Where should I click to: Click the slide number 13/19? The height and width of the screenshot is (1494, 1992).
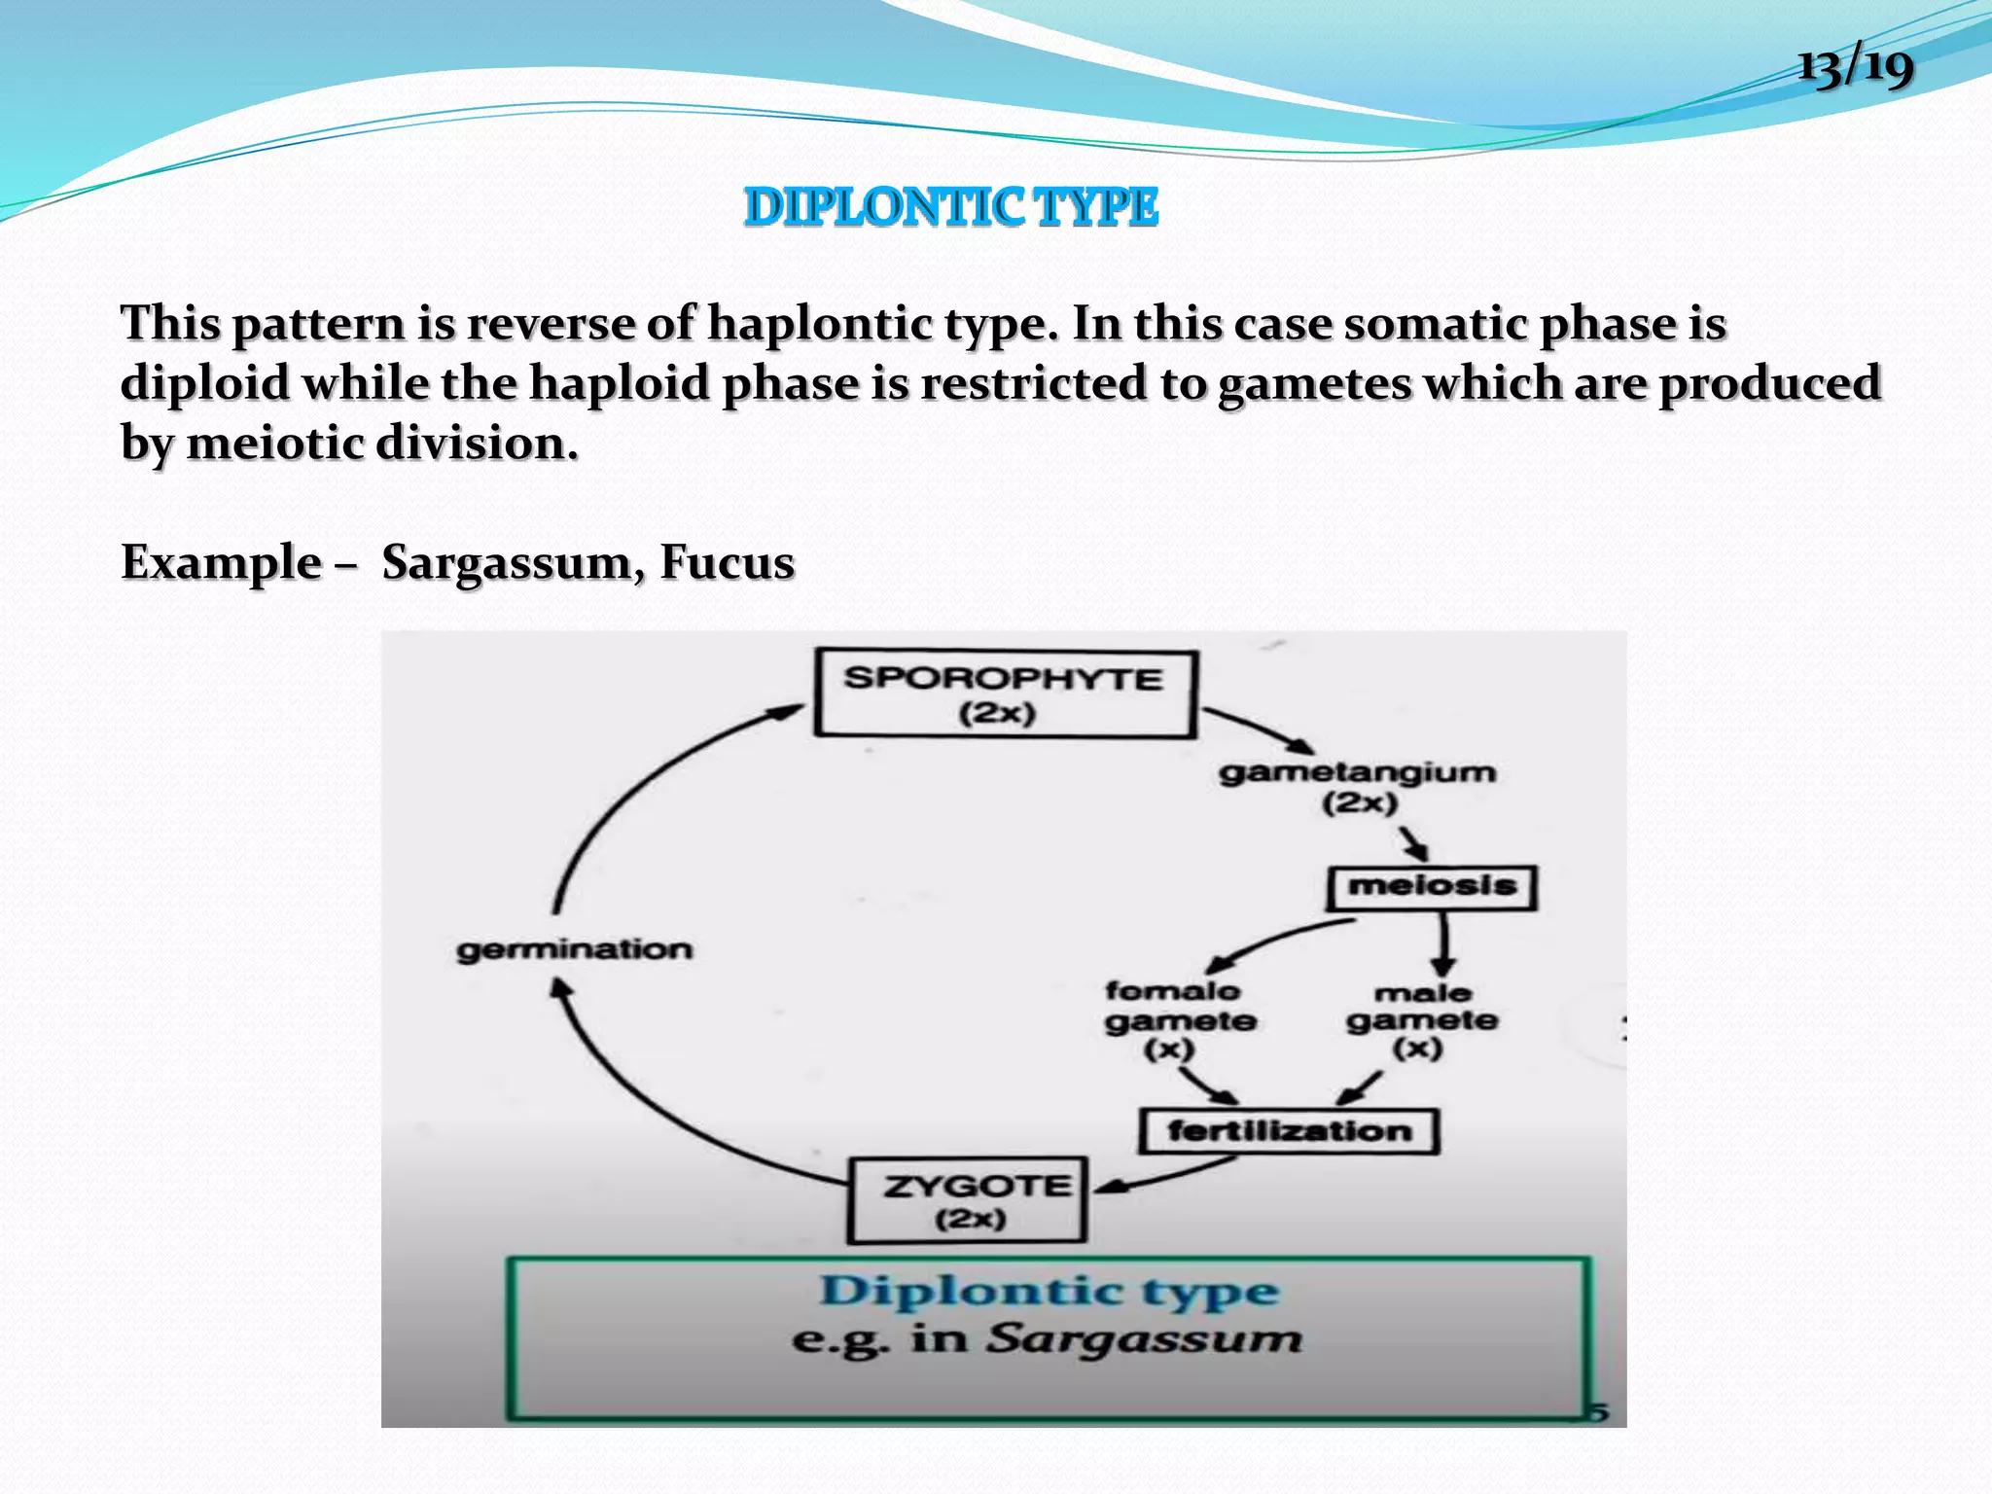tap(1855, 66)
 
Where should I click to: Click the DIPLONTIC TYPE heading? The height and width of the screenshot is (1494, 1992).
tap(950, 207)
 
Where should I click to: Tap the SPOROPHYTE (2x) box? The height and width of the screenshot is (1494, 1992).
tap(1003, 694)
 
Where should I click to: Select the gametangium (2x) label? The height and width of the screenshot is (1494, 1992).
tap(1358, 786)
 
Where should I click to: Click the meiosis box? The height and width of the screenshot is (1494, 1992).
tap(1432, 886)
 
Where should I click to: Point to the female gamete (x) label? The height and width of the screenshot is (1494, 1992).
tap(1179, 1019)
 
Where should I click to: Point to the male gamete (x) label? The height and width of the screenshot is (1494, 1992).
tap(1421, 1019)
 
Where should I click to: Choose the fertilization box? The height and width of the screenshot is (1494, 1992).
tap(1288, 1130)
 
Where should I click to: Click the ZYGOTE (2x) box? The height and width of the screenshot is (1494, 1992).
tap(968, 1200)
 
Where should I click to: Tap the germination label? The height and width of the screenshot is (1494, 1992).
tap(574, 949)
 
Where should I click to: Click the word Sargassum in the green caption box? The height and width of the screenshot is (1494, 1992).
tap(1143, 1339)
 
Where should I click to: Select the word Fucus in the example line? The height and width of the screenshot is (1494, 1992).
tap(727, 562)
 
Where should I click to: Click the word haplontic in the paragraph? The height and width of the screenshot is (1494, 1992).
tap(819, 323)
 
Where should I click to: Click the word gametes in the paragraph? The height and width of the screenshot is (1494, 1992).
tap(1314, 383)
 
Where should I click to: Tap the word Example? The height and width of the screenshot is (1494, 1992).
tap(221, 562)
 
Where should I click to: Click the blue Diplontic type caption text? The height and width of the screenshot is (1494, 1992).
tap(1048, 1291)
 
